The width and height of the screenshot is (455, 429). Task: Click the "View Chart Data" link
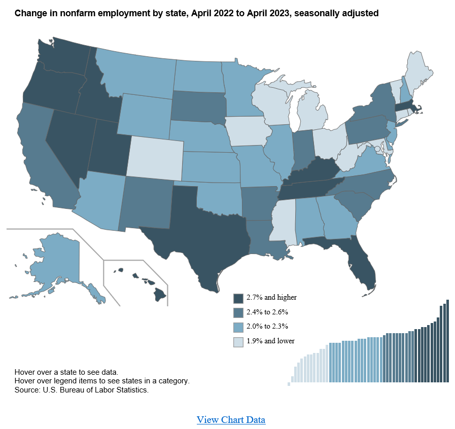[x=231, y=420]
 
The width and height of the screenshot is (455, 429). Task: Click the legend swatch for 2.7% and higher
[x=238, y=298]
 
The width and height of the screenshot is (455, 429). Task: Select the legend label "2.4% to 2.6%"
[x=267, y=312]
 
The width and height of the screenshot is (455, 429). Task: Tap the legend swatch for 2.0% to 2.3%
[x=238, y=328]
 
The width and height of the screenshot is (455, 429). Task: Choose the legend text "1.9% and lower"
[x=270, y=341]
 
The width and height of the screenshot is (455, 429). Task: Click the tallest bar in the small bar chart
[x=447, y=341]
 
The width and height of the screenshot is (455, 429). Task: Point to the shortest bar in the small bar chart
[x=289, y=384]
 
